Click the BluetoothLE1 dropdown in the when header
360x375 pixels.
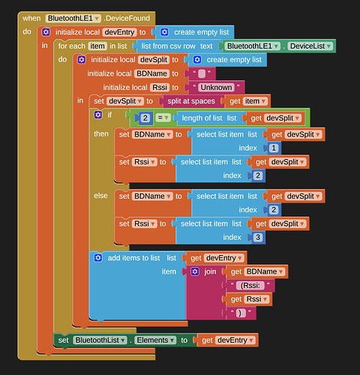(x=73, y=18)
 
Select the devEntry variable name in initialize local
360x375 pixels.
(x=119, y=32)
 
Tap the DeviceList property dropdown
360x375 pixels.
(x=310, y=46)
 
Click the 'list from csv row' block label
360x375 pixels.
(x=168, y=46)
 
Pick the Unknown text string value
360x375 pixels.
(x=216, y=88)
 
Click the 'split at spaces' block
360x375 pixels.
(x=191, y=101)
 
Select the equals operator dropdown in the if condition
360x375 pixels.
(x=163, y=118)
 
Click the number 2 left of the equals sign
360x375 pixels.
(x=145, y=118)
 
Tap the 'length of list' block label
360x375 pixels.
(x=202, y=118)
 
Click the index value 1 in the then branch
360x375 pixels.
(x=274, y=148)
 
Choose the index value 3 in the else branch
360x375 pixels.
(x=258, y=237)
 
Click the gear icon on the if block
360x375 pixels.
(x=98, y=115)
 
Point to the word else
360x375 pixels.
(x=100, y=196)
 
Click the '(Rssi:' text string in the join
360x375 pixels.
(x=250, y=286)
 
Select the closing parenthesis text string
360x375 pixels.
(x=241, y=313)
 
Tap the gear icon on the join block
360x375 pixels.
(x=195, y=271)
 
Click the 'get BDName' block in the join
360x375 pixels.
(x=257, y=271)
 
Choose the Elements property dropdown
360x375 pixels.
(x=155, y=340)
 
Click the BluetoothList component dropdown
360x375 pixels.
(x=100, y=340)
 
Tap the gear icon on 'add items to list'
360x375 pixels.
(x=98, y=258)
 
